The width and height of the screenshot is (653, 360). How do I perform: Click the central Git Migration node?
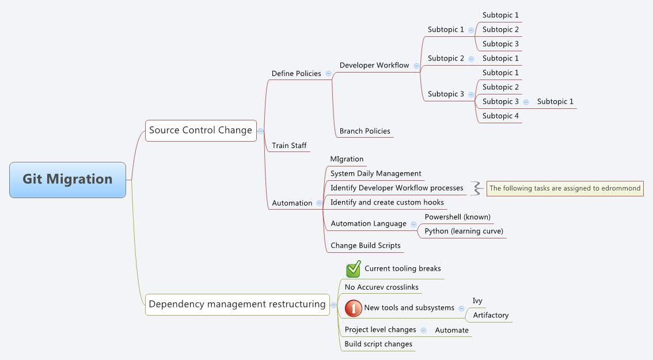tap(67, 180)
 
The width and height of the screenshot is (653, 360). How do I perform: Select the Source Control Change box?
tap(200, 130)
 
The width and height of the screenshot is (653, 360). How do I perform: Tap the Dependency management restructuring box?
tap(237, 304)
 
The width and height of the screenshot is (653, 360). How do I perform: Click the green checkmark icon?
tap(353, 269)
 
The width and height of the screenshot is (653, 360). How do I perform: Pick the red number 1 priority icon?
tap(353, 308)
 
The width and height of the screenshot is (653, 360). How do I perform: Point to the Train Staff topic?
tap(289, 146)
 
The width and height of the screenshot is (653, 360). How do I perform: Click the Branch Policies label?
tap(365, 131)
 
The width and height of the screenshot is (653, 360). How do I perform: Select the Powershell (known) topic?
tap(457, 217)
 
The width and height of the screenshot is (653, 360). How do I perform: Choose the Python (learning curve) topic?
tap(464, 232)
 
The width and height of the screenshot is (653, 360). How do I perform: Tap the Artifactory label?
tap(491, 316)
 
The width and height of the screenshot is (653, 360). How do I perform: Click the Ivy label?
tap(477, 301)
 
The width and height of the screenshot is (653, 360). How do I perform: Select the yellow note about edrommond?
tap(564, 188)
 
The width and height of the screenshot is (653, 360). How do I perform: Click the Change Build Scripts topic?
tap(365, 246)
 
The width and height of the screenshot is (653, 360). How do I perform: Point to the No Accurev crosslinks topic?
tap(381, 287)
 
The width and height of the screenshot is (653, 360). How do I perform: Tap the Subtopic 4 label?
tap(500, 116)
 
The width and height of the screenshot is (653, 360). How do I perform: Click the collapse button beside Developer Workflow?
tap(416, 66)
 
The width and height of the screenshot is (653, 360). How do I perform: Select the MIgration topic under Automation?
tap(347, 159)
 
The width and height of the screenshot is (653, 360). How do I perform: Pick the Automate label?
tap(451, 331)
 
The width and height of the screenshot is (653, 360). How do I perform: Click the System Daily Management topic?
tap(375, 173)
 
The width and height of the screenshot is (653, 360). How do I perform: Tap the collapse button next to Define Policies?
tap(328, 74)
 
